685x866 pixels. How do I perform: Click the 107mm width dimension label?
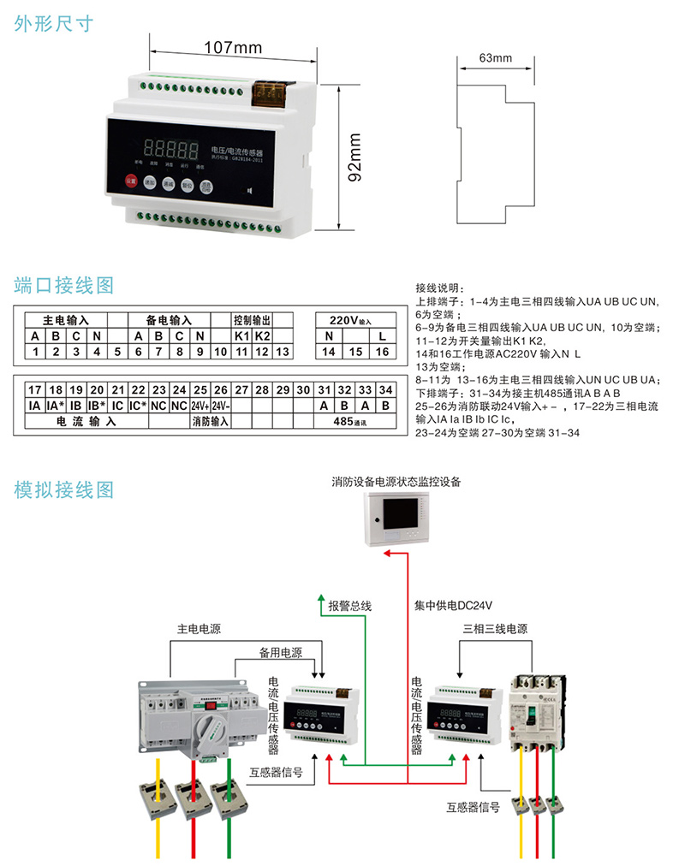(x=234, y=48)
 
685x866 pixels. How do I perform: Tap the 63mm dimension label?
(x=495, y=58)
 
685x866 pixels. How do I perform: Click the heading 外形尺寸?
(x=54, y=24)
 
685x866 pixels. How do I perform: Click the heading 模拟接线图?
(x=64, y=490)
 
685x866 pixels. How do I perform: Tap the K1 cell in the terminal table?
(x=242, y=335)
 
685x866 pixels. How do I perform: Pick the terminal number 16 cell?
(x=382, y=352)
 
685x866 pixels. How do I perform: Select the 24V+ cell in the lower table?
(x=200, y=406)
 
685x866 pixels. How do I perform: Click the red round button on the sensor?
(x=131, y=181)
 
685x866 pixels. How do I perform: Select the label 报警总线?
(x=350, y=606)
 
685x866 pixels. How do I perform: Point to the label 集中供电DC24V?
(x=454, y=606)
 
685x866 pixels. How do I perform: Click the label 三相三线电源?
(x=495, y=629)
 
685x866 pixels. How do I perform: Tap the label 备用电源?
(x=281, y=652)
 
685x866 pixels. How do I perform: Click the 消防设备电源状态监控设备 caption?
(x=396, y=482)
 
